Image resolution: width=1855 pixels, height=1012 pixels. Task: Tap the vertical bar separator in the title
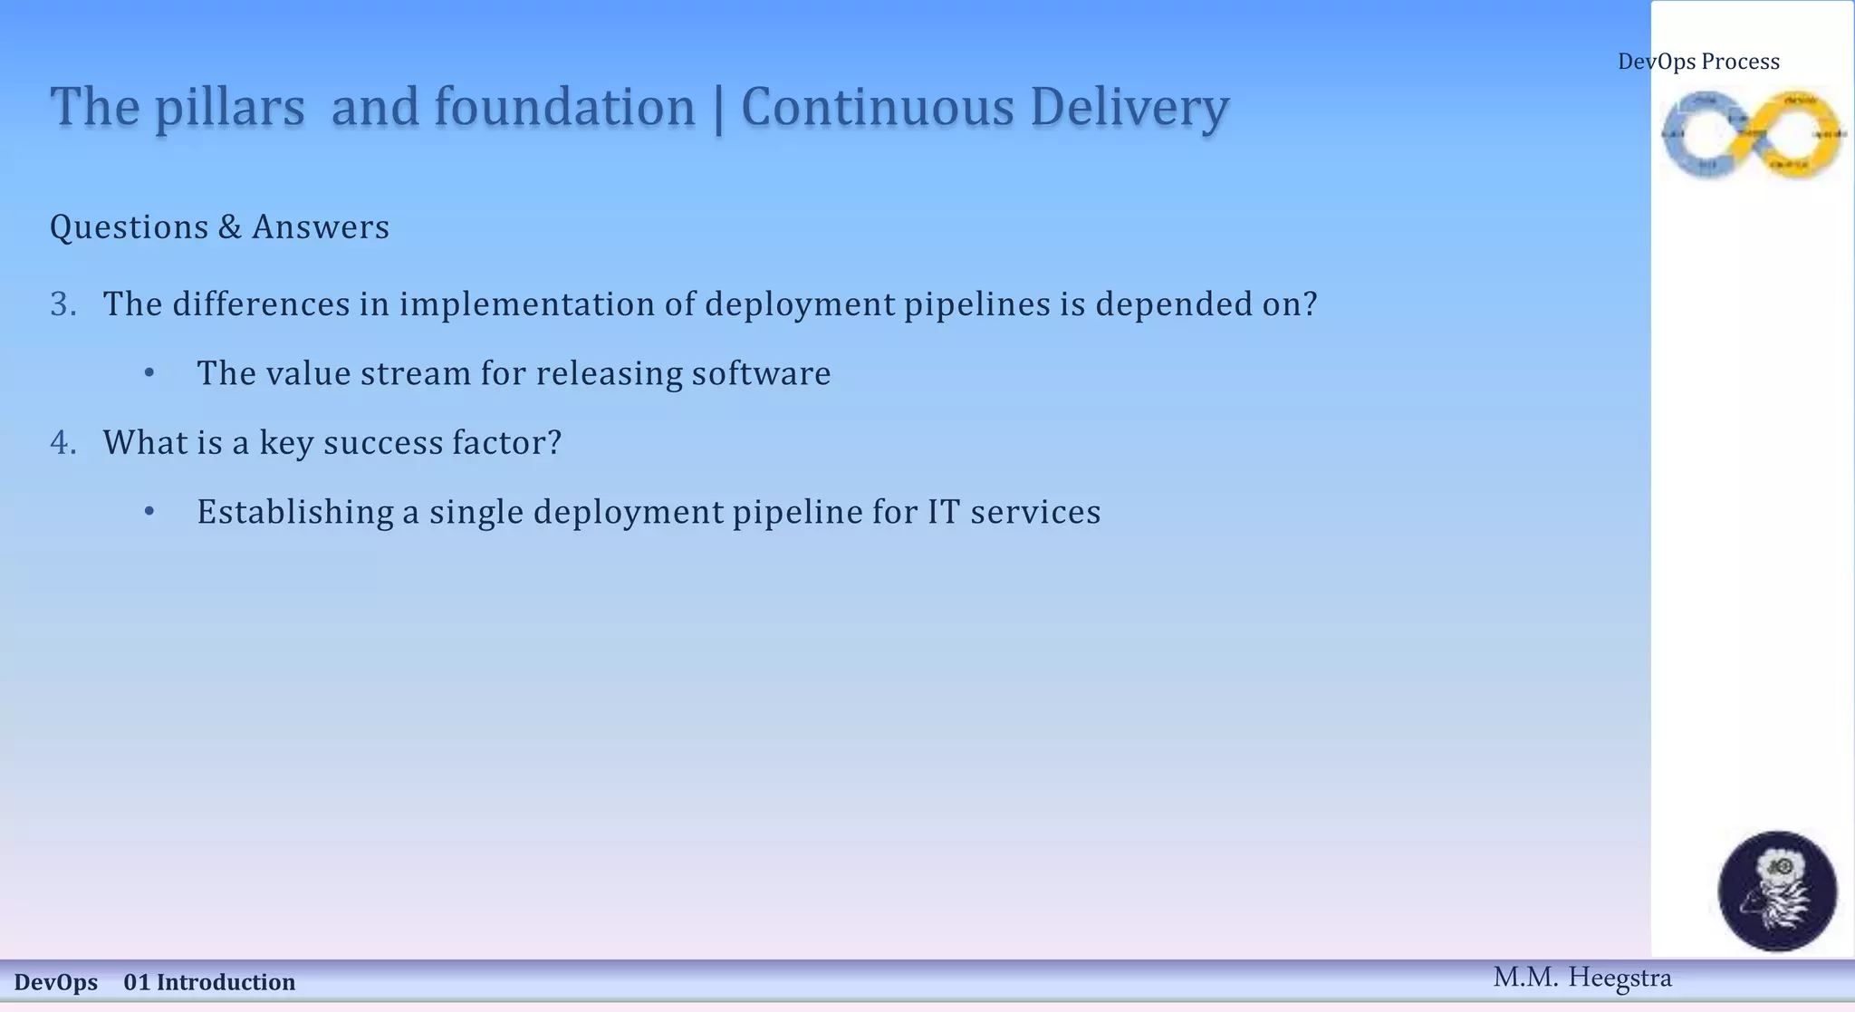coord(718,110)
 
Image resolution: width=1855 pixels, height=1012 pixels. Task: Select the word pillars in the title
coord(229,108)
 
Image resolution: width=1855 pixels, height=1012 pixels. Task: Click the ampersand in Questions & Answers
coord(229,227)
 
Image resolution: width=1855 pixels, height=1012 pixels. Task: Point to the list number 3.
coord(62,304)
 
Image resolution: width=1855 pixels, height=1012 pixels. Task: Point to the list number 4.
coord(62,443)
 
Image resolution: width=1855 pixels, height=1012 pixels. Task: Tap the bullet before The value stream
coord(149,373)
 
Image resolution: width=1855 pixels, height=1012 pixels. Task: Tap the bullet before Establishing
coord(149,512)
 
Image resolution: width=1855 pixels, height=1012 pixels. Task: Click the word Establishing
coord(294,513)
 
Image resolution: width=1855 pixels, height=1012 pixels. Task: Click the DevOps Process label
coord(1698,62)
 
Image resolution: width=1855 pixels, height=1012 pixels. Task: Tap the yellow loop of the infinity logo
coord(1798,134)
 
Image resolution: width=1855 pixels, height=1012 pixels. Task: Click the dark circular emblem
coord(1777,891)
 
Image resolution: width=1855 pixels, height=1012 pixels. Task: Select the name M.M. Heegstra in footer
coord(1581,978)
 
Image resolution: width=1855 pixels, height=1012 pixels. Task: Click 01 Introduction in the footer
coord(209,982)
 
